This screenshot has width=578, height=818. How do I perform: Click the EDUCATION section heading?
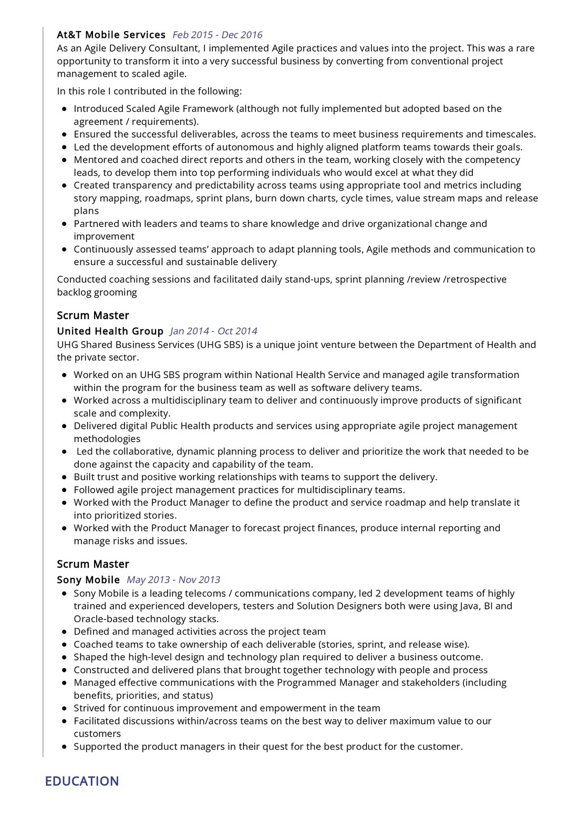pyautogui.click(x=82, y=781)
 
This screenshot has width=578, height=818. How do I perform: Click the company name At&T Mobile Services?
pyautogui.click(x=111, y=35)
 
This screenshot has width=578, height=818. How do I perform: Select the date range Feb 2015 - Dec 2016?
pyautogui.click(x=218, y=35)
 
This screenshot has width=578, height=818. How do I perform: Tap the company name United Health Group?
pyautogui.click(x=110, y=331)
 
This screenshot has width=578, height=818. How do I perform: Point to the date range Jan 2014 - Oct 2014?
pyautogui.click(x=213, y=331)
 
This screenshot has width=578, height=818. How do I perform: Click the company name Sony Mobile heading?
pyautogui.click(x=88, y=579)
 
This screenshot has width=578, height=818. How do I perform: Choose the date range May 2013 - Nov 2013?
pyautogui.click(x=173, y=579)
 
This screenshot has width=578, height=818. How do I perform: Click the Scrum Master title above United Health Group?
pyautogui.click(x=93, y=315)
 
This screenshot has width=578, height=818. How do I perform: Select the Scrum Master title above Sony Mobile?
pyautogui.click(x=93, y=564)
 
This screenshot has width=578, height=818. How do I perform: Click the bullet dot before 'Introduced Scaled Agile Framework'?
pyautogui.click(x=64, y=109)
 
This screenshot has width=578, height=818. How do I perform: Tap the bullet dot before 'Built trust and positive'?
pyautogui.click(x=64, y=478)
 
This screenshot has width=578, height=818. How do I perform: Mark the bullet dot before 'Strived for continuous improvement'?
pyautogui.click(x=64, y=709)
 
